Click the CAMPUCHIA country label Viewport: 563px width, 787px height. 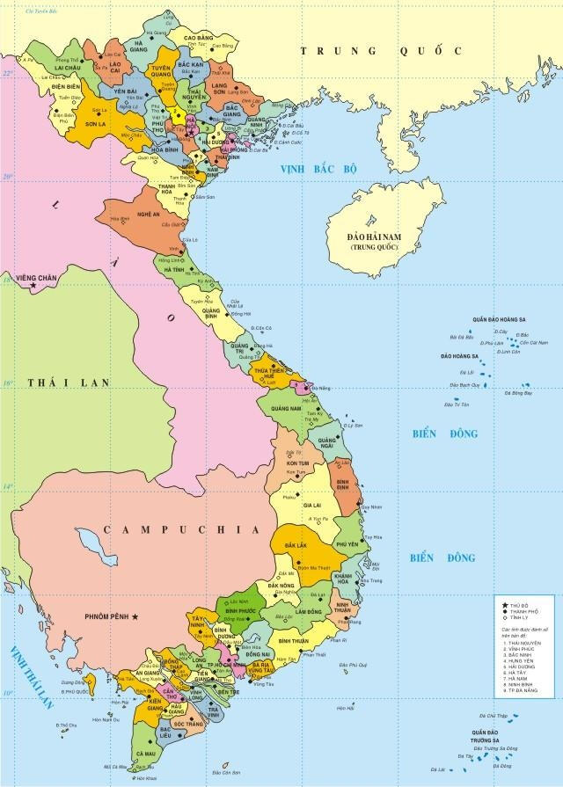pyautogui.click(x=179, y=529)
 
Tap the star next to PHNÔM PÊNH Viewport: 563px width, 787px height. pyautogui.click(x=137, y=616)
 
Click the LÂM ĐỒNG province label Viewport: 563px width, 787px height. pyautogui.click(x=308, y=610)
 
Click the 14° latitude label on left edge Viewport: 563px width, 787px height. pyautogui.click(x=7, y=486)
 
